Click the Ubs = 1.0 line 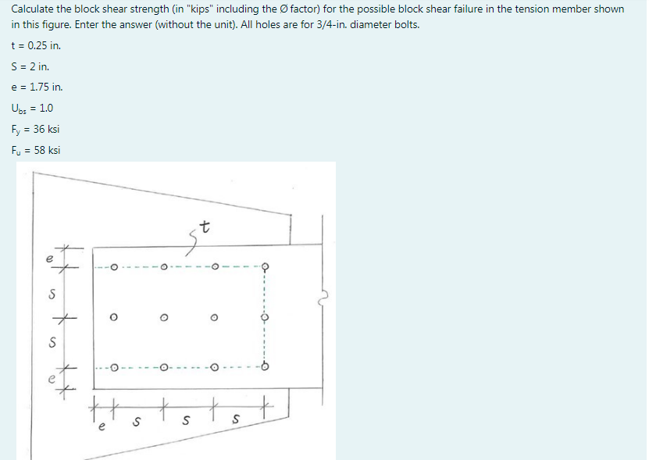[32, 108]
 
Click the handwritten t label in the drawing [205, 229]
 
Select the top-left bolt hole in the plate [114, 268]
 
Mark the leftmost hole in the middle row [114, 318]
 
